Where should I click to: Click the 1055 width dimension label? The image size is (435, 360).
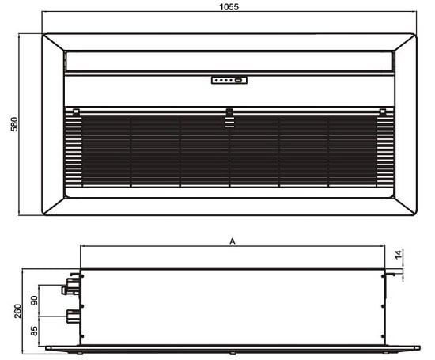point(229,6)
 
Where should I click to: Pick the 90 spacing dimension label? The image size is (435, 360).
point(34,301)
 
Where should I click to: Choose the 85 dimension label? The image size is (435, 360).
point(34,331)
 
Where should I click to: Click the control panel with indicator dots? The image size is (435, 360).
point(229,79)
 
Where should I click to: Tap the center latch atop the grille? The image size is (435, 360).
point(229,114)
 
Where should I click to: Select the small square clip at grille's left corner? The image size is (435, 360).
point(76,112)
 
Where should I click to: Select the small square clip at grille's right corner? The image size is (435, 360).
point(382,112)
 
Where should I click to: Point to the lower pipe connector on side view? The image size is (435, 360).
point(71,316)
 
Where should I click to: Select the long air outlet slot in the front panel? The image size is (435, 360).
point(229,60)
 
